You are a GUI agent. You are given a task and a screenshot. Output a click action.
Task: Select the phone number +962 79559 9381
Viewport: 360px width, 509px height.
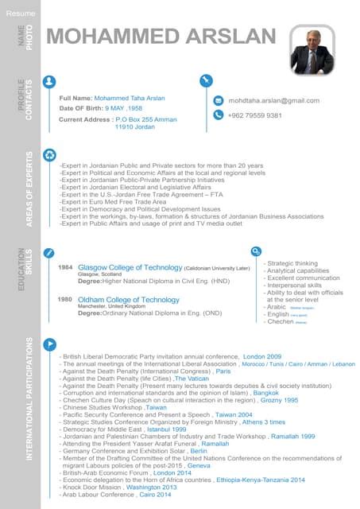pyautogui.click(x=254, y=115)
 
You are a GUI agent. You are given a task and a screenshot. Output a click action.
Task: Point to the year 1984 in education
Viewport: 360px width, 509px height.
pyautogui.click(x=67, y=268)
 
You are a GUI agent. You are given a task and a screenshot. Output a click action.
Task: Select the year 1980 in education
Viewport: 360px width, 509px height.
pyautogui.click(x=67, y=299)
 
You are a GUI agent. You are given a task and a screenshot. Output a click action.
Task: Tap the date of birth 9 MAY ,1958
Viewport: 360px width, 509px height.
pyautogui.click(x=124, y=108)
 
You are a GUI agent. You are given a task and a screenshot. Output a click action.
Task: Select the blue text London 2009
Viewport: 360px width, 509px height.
pyautogui.click(x=262, y=358)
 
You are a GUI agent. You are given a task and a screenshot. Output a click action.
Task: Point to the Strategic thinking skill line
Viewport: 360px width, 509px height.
pyautogui.click(x=291, y=263)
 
